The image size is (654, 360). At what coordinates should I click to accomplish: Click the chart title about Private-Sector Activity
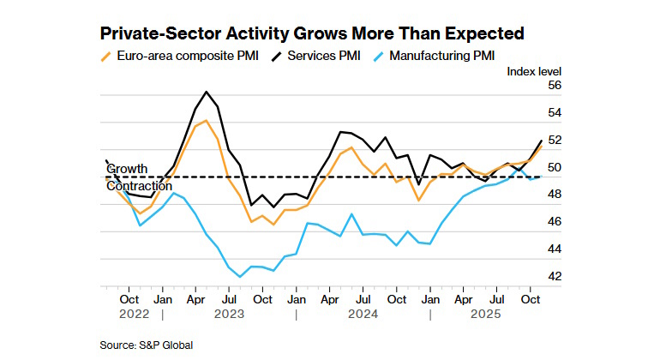click(312, 34)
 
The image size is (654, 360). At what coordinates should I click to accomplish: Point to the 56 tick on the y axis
click(553, 86)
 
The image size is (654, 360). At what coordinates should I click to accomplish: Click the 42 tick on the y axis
click(553, 277)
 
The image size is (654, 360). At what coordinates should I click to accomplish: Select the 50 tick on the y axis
click(553, 168)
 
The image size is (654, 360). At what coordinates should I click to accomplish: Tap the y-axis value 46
click(553, 222)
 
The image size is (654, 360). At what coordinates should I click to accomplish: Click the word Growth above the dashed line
click(128, 168)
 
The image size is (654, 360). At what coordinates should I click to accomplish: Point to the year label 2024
click(363, 314)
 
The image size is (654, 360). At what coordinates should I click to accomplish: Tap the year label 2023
click(229, 314)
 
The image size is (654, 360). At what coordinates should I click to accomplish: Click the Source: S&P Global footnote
click(146, 345)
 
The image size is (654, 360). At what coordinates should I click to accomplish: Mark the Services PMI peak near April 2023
click(207, 92)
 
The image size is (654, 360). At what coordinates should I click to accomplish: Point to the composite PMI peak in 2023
click(207, 121)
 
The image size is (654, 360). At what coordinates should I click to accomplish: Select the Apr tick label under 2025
click(463, 299)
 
